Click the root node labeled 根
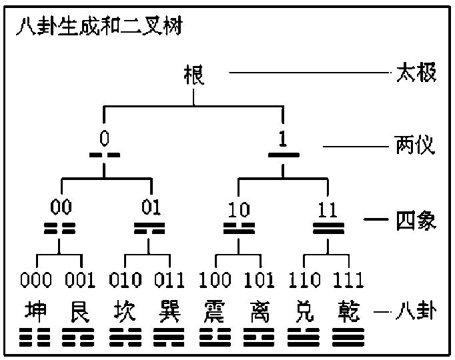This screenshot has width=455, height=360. point(194,75)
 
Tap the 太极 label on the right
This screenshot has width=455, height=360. point(416,72)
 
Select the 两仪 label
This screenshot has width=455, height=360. point(414,145)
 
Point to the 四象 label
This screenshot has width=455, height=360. point(416,220)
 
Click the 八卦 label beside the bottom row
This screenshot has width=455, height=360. point(416,311)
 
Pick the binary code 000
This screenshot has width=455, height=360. point(36,280)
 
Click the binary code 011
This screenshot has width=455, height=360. point(169,280)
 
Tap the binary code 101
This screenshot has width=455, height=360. point(259,280)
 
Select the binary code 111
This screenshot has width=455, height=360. point(348,280)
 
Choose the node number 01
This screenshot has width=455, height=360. point(151,207)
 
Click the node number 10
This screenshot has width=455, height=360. point(239,209)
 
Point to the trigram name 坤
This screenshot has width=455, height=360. point(35,311)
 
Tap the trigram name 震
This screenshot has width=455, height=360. point(214,311)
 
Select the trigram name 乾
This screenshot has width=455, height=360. point(349,311)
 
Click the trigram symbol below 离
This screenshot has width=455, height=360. point(259,337)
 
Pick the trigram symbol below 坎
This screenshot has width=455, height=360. point(125,337)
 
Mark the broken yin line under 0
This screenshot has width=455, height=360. point(105,155)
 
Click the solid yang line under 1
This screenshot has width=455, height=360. point(284,155)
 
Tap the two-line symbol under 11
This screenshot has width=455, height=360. point(328,228)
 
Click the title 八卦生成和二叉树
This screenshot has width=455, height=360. point(99,26)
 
